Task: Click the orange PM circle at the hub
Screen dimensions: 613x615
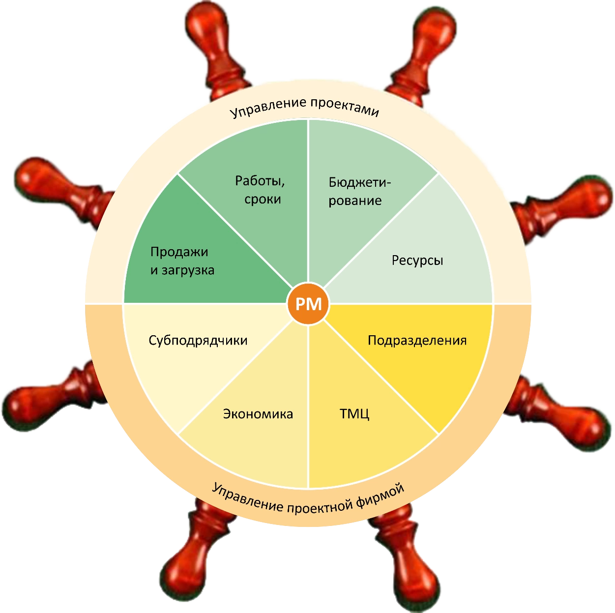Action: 308,304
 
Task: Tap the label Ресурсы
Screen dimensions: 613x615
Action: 417,260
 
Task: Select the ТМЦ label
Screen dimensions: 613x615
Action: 354,413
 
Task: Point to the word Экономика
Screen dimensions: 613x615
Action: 258,414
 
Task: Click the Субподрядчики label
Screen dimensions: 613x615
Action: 198,340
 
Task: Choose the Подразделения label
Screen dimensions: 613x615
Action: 417,340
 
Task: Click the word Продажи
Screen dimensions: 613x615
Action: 179,252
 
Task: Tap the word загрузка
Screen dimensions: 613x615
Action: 189,270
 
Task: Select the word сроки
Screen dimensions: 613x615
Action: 263,200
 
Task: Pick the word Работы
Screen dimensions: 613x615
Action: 260,181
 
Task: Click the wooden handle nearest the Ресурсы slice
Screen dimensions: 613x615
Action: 565,206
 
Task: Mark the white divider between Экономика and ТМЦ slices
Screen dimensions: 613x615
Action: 308,408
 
